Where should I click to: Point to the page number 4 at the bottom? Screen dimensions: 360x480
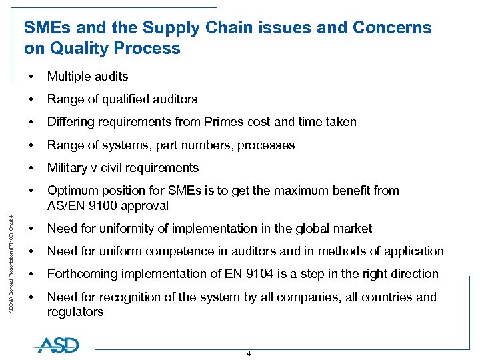tap(249, 353)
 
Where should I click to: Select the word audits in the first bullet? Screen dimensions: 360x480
tap(110, 77)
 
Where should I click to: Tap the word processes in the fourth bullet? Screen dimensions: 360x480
tap(266, 145)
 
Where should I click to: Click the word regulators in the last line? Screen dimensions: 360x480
tap(75, 312)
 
